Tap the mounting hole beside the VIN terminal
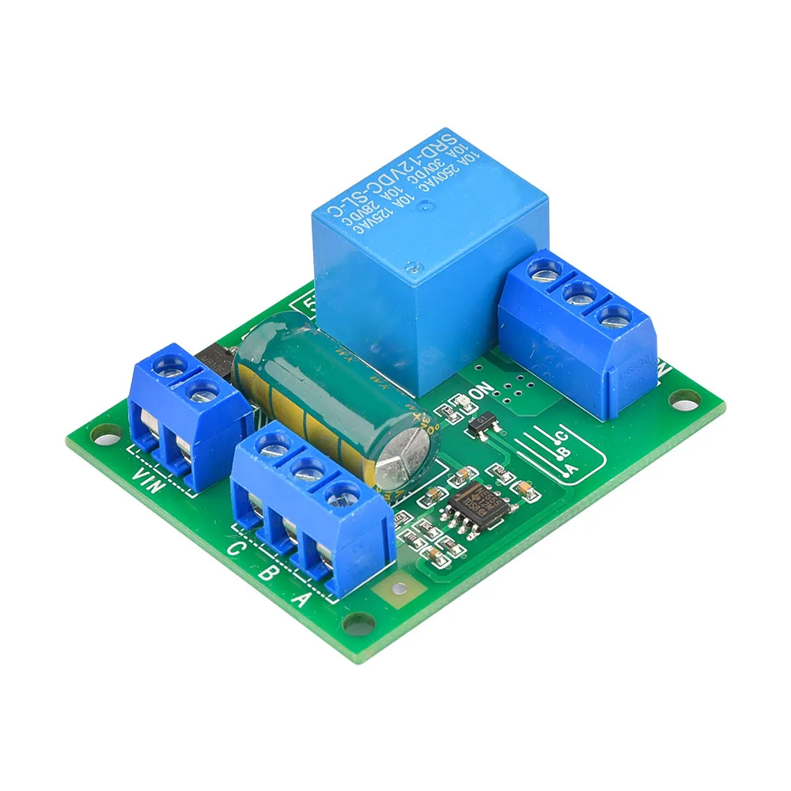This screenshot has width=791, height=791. point(101,433)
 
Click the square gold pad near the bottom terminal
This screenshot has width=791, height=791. point(400,589)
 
